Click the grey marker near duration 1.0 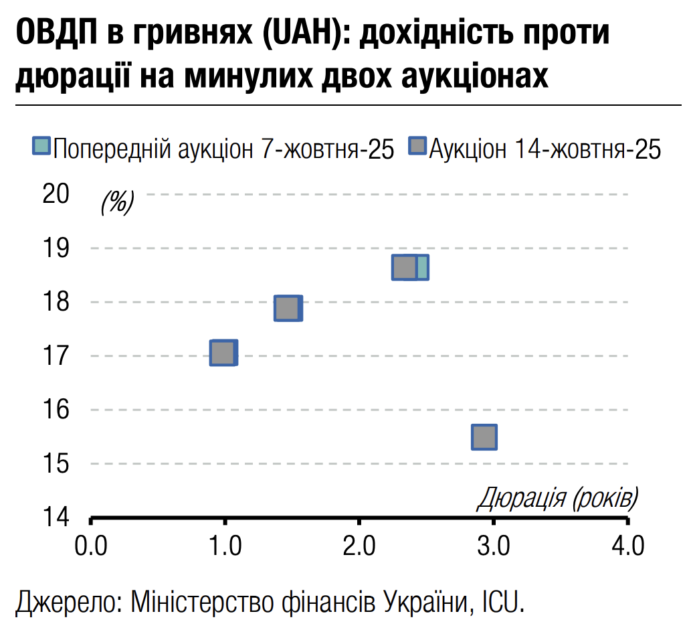tap(223, 353)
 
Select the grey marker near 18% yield tap(288, 308)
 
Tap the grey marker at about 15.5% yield tap(484, 437)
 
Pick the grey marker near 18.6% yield tap(405, 267)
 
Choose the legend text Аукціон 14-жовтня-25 tap(545, 147)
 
